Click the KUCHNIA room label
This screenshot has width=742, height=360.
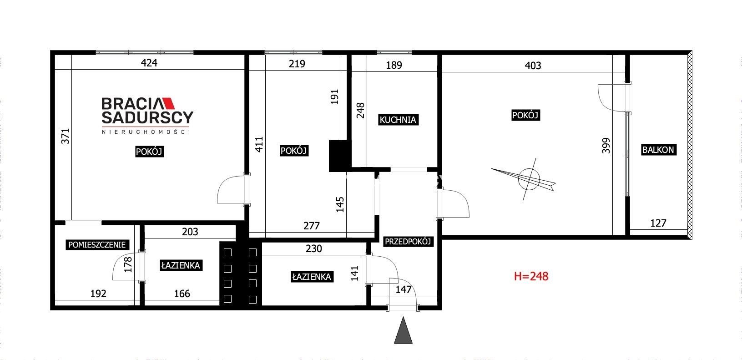tap(398, 120)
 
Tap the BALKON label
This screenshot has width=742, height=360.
tap(658, 150)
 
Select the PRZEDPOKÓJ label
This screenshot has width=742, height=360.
tap(408, 241)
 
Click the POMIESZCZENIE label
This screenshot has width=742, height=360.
tap(97, 245)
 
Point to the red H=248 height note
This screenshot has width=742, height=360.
tap(531, 276)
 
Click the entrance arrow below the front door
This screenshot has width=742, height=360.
tap(403, 330)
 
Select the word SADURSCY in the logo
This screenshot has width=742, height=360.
tap(147, 117)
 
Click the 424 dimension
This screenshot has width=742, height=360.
tap(149, 63)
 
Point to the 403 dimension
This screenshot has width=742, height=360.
tap(533, 66)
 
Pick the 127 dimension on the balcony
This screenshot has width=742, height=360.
tap(658, 223)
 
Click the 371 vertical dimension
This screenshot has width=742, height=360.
tap(66, 136)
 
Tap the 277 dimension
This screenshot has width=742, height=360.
tap(312, 226)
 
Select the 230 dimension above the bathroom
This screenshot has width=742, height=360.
tap(314, 248)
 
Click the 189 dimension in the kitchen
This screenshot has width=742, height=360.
tap(394, 65)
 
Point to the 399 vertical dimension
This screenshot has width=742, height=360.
tap(606, 146)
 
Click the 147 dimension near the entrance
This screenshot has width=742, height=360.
tap(404, 289)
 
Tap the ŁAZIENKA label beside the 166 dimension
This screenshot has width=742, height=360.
tap(181, 265)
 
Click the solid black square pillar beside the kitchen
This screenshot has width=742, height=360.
tap(338, 156)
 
